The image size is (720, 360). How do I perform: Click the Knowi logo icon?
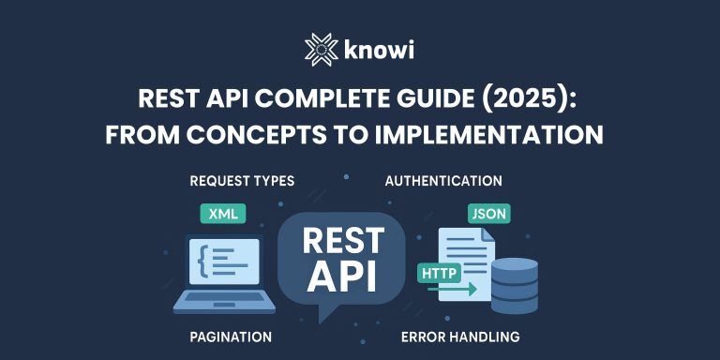[321, 49]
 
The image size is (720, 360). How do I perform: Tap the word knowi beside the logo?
[380, 50]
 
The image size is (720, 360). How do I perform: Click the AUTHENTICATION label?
[443, 181]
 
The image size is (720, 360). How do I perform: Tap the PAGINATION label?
[230, 336]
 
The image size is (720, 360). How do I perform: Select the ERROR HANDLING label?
[459, 336]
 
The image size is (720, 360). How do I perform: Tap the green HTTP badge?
[438, 274]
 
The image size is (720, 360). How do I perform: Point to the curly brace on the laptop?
[202, 260]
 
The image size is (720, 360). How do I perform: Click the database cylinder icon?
[515, 285]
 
